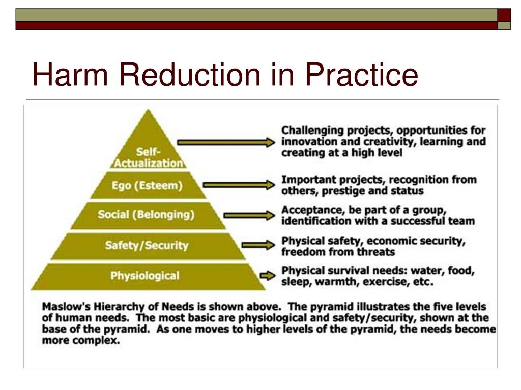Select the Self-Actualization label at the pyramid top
[148, 157]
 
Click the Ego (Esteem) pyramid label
[147, 185]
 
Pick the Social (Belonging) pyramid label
[146, 215]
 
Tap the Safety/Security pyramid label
[147, 245]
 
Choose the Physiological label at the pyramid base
[145, 276]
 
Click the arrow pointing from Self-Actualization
[226, 142]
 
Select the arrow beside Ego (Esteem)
[239, 185]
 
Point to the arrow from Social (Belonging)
[249, 215]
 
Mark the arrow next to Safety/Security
[258, 245]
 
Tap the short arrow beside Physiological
[268, 276]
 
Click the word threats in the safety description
[376, 252]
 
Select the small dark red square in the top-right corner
[504, 15]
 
